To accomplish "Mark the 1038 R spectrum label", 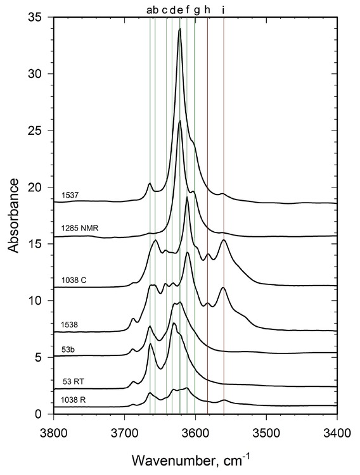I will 74,400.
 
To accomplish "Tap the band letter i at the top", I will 223,9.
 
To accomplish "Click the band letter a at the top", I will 149,9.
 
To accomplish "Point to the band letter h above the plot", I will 207,9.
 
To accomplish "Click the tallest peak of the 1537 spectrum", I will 180,29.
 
